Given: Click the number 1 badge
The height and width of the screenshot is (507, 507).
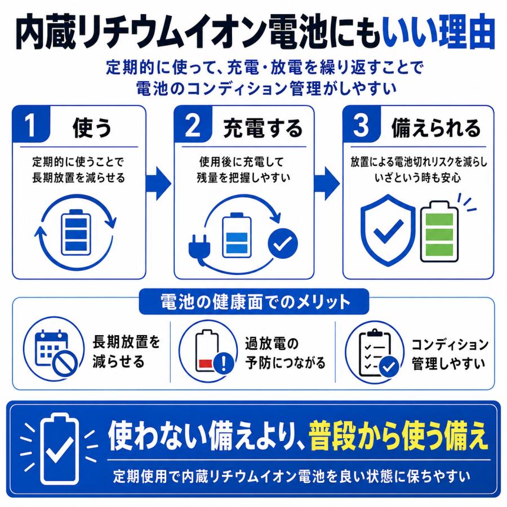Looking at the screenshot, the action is [31, 124].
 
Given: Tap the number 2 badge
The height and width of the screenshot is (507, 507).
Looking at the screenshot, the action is [193, 124].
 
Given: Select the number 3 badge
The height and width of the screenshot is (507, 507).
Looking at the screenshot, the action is [362, 124].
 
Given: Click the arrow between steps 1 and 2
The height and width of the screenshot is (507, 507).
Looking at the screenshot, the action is [158, 184].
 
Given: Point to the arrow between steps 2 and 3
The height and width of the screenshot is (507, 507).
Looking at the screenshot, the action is [327, 184].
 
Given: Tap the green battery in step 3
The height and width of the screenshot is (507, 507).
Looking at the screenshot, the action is [439, 232].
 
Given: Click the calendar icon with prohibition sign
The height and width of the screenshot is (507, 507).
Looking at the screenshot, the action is [55, 353].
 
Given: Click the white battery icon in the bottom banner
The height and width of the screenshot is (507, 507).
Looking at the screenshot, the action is [60, 449].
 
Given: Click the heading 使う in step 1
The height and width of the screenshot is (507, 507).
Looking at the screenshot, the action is [92, 128].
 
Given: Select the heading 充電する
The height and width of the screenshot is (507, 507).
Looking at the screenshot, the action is [263, 128].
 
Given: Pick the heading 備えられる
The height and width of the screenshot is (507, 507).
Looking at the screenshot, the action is [436, 128].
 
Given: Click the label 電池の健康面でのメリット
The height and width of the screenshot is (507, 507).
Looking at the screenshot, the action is [255, 302].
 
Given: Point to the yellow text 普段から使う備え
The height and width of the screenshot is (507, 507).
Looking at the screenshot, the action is [398, 435].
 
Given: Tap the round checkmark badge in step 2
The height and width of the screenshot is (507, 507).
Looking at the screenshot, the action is [283, 243].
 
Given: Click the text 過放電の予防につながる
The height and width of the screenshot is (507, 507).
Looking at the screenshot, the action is [284, 353].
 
